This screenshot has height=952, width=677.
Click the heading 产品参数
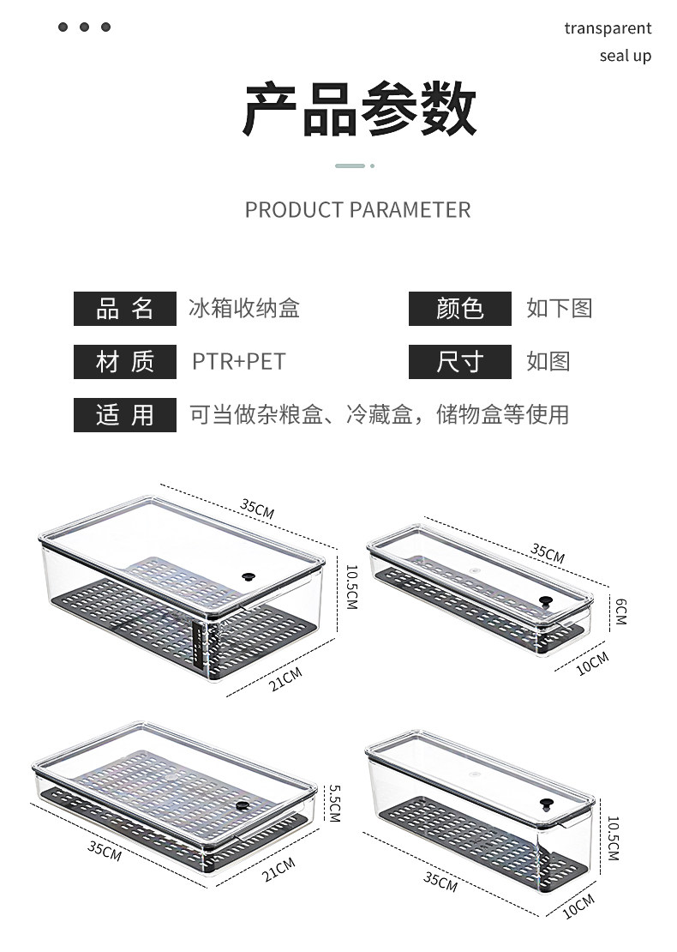(x=359, y=110)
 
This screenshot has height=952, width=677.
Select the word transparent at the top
(x=608, y=28)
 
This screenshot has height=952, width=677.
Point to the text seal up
(x=625, y=57)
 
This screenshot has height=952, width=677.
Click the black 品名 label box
(x=125, y=309)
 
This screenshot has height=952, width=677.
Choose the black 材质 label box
(x=125, y=362)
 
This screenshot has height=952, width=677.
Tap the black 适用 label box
(x=125, y=415)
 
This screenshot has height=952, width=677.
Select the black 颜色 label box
(x=460, y=309)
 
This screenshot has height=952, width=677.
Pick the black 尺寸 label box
(x=460, y=362)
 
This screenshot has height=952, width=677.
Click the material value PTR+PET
(x=238, y=362)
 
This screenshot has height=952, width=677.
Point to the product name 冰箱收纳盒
(x=244, y=309)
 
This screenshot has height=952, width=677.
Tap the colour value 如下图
(x=559, y=309)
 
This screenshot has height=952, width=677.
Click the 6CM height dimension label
(x=620, y=611)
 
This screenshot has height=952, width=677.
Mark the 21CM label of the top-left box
(x=285, y=679)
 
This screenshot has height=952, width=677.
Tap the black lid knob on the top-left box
(x=250, y=577)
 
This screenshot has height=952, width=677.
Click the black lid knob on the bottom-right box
(x=546, y=804)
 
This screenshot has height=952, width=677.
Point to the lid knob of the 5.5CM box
(x=242, y=806)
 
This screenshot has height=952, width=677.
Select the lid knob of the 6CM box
(x=545, y=601)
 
